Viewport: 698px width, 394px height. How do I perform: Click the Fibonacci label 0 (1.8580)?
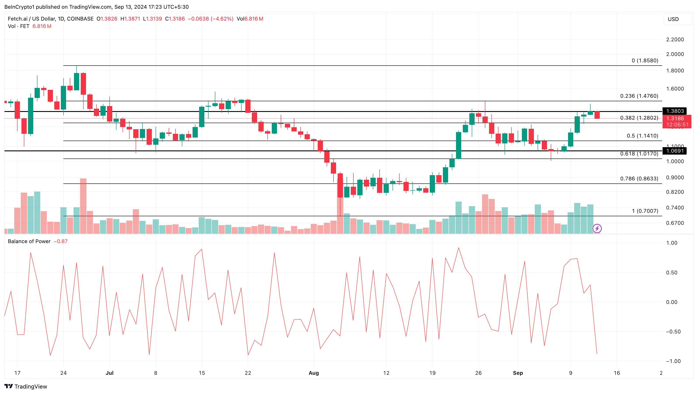click(x=645, y=60)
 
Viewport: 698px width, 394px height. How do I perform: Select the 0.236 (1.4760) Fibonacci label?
click(x=639, y=96)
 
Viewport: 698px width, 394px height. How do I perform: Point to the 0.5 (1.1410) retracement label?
click(x=642, y=136)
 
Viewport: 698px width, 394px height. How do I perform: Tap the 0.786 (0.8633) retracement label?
click(x=639, y=178)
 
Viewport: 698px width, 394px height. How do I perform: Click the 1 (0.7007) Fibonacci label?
click(x=645, y=211)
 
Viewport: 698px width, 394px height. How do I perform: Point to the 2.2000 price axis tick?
click(x=675, y=40)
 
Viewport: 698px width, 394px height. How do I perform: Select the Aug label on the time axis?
click(x=314, y=373)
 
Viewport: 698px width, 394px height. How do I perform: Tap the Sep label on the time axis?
click(x=517, y=373)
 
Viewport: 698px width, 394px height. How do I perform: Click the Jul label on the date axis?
click(x=109, y=373)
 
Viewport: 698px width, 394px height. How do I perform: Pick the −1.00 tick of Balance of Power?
click(x=673, y=361)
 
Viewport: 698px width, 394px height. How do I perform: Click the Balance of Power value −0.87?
click(x=60, y=241)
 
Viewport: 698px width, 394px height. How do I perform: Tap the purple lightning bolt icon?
click(x=597, y=228)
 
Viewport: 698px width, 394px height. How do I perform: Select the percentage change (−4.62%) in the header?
click(x=222, y=19)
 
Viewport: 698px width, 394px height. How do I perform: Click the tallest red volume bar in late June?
click(x=83, y=206)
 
